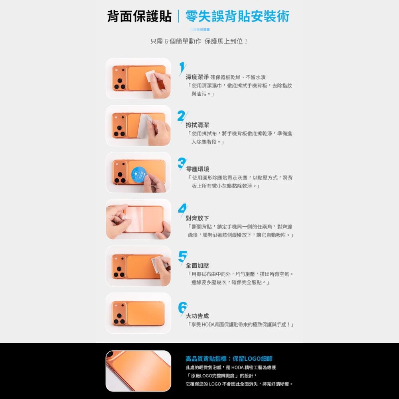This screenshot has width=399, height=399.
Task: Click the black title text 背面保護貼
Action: pos(139,16)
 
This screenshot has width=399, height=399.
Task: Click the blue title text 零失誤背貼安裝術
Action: pos(237,16)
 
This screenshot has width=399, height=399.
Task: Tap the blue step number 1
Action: pos(182,69)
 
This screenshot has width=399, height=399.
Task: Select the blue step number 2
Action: pos(182,116)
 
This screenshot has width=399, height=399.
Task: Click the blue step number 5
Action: pos(183,257)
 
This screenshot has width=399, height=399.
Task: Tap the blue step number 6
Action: pos(183,308)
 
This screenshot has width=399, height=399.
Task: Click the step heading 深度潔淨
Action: pos(197,77)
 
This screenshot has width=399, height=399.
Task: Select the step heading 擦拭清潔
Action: pos(197,125)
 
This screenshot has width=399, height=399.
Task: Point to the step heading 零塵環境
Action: pos(198,169)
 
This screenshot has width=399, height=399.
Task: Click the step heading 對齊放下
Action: pos(197,218)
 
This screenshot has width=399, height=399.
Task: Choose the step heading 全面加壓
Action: pos(197,266)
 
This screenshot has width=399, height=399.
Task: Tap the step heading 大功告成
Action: pos(197,316)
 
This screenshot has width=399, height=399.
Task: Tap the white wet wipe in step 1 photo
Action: pos(150,76)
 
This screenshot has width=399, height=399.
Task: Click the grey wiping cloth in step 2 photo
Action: pos(144,126)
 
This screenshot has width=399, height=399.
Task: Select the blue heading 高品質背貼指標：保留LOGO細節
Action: pos(229,359)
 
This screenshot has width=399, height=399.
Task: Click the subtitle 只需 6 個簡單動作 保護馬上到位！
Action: pos(199,41)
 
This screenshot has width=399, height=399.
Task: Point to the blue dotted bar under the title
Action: pos(199,30)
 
